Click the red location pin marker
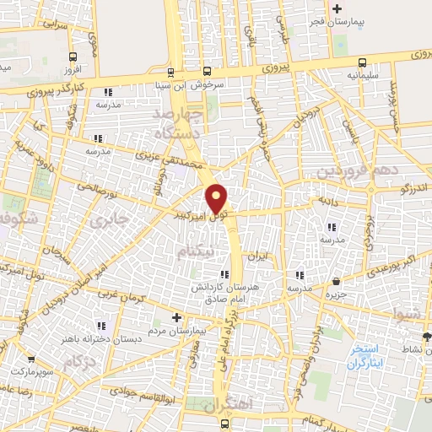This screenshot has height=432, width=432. (218, 198)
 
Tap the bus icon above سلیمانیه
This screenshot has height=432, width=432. (362, 62)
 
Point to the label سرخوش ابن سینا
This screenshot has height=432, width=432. (171, 84)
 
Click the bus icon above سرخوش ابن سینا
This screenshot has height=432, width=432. (171, 72)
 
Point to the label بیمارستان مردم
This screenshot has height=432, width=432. (175, 330)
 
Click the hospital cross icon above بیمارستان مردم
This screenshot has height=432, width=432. (175, 317)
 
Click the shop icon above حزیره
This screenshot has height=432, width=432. (336, 281)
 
